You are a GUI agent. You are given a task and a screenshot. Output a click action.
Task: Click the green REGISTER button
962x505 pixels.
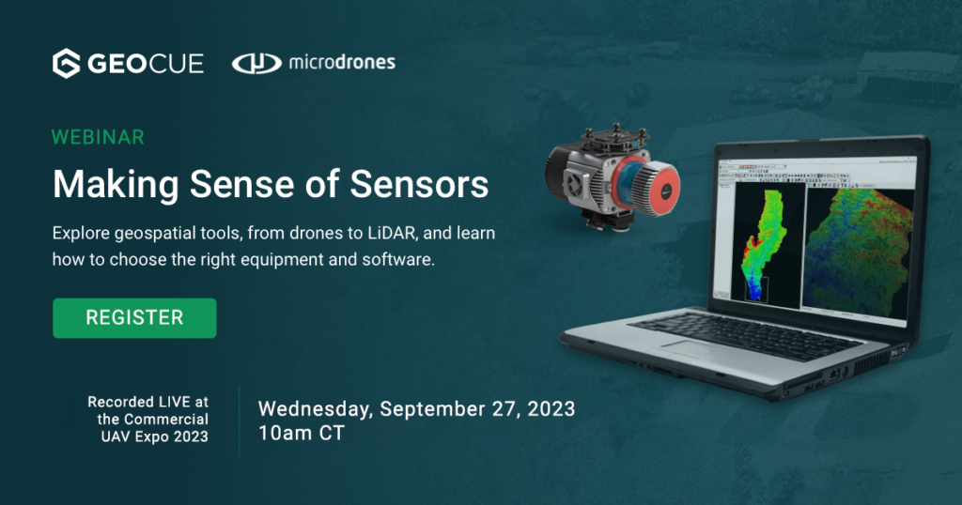pyautogui.click(x=134, y=318)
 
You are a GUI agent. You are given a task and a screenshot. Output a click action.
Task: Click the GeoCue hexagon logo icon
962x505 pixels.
pyautogui.click(x=66, y=64)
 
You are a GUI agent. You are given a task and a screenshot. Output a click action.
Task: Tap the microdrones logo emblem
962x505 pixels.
pyautogui.click(x=256, y=64)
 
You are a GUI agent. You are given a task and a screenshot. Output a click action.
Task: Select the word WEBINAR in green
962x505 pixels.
pyautogui.click(x=98, y=137)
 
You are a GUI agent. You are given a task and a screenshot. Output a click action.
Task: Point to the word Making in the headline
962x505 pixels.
pyautogui.click(x=105, y=184)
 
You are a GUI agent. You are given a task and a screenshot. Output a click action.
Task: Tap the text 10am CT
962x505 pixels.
pyautogui.click(x=303, y=435)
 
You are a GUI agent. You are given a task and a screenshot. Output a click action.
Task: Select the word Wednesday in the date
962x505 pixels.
pyautogui.click(x=315, y=409)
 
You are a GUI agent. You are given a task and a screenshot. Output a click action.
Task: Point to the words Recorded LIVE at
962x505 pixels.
pyautogui.click(x=147, y=402)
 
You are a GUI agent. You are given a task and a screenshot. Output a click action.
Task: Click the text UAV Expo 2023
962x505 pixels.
pyautogui.click(x=155, y=436)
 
